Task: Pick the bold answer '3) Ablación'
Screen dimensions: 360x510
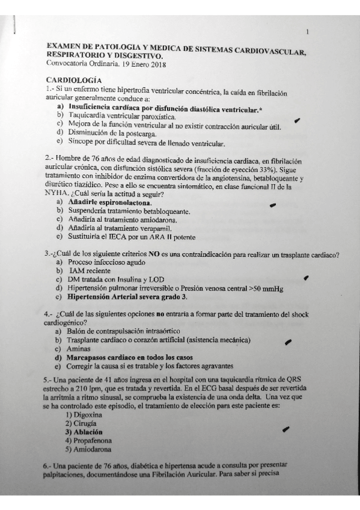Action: [x=84, y=432]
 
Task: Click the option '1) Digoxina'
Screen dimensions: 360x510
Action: [x=84, y=415]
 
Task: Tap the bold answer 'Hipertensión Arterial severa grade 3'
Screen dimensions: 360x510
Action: [x=128, y=297]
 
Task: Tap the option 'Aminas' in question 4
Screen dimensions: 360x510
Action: [x=80, y=348]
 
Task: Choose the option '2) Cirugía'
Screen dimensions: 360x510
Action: [x=84, y=423]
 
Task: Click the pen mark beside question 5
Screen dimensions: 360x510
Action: [x=285, y=429]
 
